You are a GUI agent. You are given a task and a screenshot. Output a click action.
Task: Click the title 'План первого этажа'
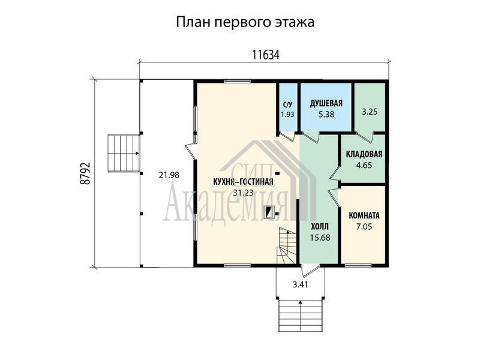point(245,22)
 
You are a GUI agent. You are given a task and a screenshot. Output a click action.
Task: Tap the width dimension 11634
point(266,55)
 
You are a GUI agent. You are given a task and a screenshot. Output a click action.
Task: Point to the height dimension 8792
point(85,173)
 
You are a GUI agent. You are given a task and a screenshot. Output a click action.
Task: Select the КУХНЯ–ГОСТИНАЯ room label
point(243,182)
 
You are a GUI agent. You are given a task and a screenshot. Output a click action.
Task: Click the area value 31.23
point(243,193)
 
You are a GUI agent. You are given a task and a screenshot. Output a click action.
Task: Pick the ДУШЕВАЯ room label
point(326,103)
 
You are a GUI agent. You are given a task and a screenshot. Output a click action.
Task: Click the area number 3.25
point(370,112)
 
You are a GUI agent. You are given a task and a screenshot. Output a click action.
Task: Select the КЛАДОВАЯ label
point(364,154)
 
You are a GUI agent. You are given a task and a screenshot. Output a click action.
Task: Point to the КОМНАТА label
point(364,215)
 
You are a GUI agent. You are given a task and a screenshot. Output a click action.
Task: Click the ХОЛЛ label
point(320,227)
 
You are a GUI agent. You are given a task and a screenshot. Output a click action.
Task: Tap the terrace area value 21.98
point(169,175)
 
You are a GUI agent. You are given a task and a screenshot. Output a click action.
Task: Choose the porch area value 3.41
point(300,284)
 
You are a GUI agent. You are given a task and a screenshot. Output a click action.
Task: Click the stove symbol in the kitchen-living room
point(269,212)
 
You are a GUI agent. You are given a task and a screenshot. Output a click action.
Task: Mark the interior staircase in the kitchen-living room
point(287,245)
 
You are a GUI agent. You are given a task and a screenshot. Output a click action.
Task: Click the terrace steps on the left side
point(124,154)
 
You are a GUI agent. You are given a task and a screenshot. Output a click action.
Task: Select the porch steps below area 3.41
point(301,316)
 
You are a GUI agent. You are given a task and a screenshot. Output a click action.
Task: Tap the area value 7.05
point(364,227)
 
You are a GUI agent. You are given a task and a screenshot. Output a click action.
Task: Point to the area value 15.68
point(320,238)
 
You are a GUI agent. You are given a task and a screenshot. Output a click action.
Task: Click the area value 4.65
point(364,166)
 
